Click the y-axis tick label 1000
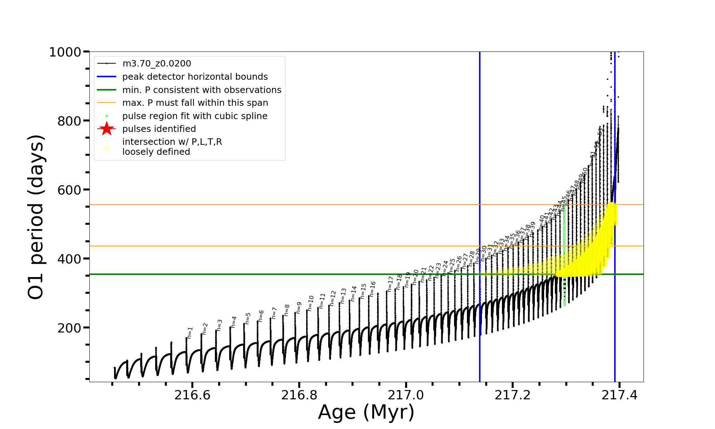65,53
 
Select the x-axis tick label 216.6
192,395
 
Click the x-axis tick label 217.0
406,395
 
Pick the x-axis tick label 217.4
620,395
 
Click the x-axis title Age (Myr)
366,412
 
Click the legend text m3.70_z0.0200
157,64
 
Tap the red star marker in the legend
107,129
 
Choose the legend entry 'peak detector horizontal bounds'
195,77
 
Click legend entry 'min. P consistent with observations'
202,90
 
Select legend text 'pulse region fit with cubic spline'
194,116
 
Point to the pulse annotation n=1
190,332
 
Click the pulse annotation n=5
248,318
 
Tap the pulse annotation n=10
311,303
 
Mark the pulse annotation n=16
373,289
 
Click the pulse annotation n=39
532,230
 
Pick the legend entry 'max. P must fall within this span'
195,103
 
